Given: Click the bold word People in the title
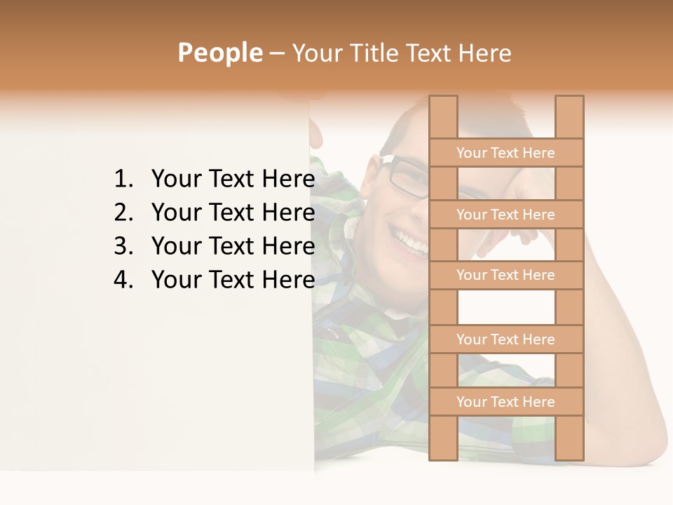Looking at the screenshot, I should pyautogui.click(x=219, y=53).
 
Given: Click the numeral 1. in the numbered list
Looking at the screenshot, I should pyautogui.click(x=123, y=180).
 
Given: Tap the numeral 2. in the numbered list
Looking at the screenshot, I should pyautogui.click(x=123, y=213).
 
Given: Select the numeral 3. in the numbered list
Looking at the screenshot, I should pyautogui.click(x=123, y=246).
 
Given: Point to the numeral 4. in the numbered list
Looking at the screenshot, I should pyautogui.click(x=123, y=280).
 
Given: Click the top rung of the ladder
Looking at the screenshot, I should pyautogui.click(x=505, y=153).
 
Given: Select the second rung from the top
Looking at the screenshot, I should pyautogui.click(x=505, y=215).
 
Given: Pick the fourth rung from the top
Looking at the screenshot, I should pyautogui.click(x=505, y=339).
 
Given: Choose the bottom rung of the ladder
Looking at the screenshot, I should pyautogui.click(x=505, y=402).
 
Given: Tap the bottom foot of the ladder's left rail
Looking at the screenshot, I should pyautogui.click(x=443, y=452).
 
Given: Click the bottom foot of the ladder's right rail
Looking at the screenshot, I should pyautogui.click(x=569, y=452).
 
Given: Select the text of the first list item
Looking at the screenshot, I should pyautogui.click(x=233, y=180).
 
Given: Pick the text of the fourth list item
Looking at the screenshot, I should pyautogui.click(x=233, y=280).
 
